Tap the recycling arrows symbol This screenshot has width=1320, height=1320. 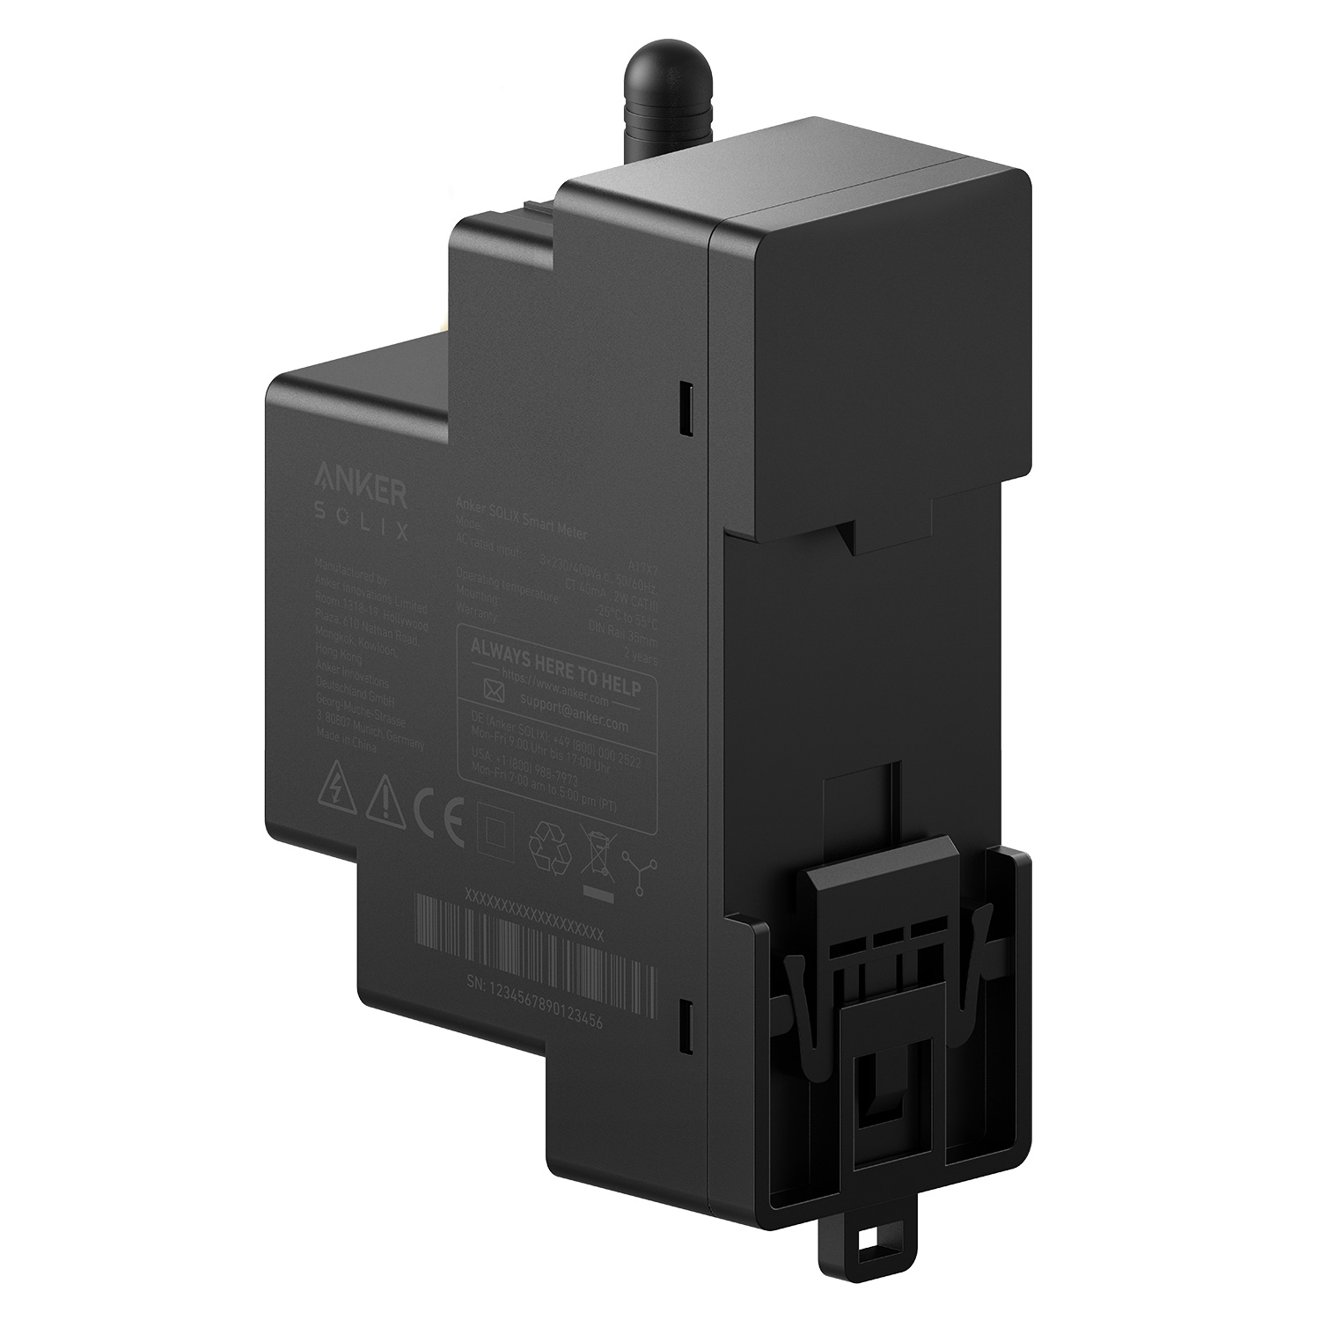coord(550,843)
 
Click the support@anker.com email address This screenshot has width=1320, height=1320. coord(574,712)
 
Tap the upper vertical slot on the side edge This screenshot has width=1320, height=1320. coord(685,407)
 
